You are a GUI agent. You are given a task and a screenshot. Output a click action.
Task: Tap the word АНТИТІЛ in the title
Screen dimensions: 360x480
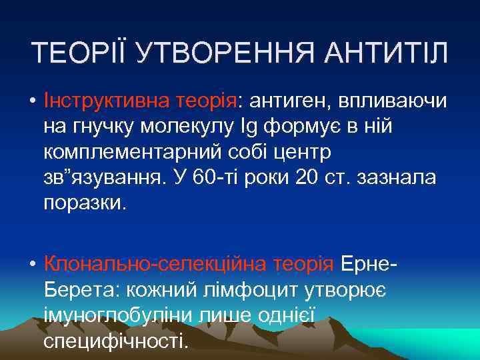coord(389,53)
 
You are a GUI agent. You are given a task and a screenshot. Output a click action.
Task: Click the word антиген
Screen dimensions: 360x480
coord(291,101)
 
